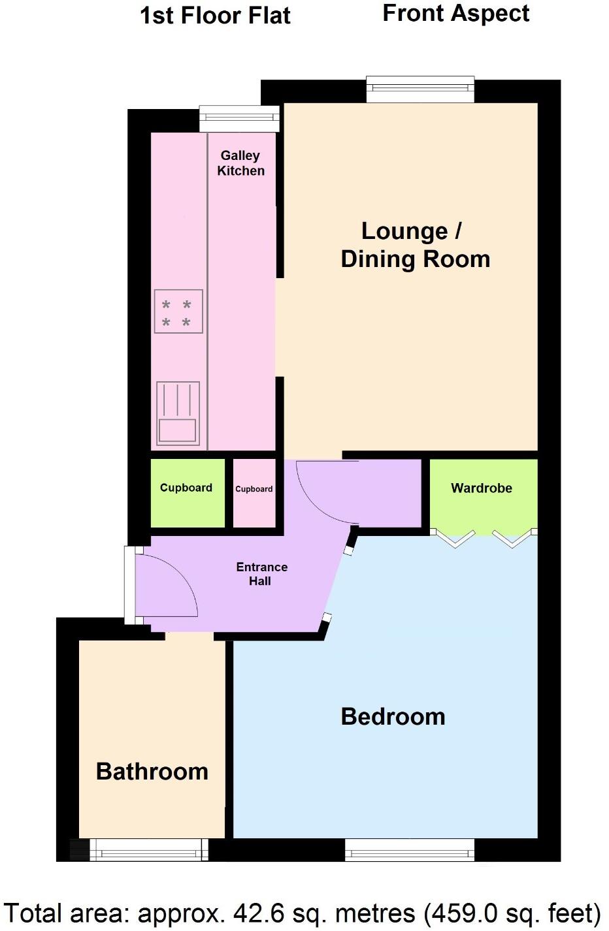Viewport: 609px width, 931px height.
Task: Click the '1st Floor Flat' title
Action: point(215,16)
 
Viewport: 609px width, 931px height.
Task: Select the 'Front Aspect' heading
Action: point(455,13)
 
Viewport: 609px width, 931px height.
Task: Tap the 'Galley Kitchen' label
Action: point(240,163)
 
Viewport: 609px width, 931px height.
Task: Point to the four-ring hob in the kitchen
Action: point(178,311)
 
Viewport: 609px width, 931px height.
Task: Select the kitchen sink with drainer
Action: point(178,413)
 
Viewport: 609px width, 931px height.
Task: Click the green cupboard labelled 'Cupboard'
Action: point(187,493)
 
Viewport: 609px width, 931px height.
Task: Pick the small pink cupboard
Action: point(254,494)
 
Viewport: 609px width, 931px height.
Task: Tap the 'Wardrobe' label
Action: point(482,488)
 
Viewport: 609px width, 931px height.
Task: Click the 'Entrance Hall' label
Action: point(261,574)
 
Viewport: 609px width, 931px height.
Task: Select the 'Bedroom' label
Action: point(393,717)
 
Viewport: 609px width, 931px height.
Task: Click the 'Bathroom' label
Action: point(152,772)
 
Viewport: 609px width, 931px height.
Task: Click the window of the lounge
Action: point(420,89)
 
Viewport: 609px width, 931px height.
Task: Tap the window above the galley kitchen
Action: point(239,118)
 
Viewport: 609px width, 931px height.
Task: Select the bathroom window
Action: point(148,849)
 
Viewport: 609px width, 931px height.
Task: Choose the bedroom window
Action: point(409,849)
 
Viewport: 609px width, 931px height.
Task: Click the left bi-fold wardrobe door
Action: point(455,538)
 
